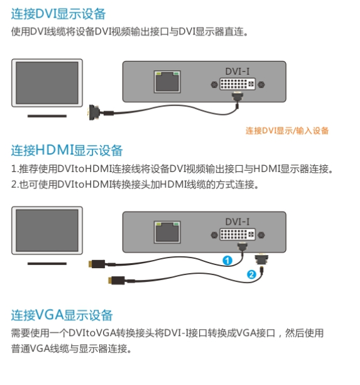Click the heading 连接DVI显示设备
(58, 14)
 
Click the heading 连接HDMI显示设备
(67, 150)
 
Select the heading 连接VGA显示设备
(62, 315)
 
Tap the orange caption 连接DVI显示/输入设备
(287, 131)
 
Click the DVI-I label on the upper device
(237, 72)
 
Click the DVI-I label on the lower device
(237, 222)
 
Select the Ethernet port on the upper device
(167, 82)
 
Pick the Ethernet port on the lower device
(167, 232)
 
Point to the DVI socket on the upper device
(237, 84)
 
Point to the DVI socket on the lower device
(237, 234)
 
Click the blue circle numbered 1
(227, 260)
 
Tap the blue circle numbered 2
(251, 274)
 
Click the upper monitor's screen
(47, 83)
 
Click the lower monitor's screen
(47, 230)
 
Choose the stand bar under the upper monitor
(47, 116)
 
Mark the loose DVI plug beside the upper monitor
(94, 112)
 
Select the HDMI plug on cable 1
(97, 264)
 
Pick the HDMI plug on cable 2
(117, 280)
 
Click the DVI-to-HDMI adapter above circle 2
(261, 259)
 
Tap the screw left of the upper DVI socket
(214, 85)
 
